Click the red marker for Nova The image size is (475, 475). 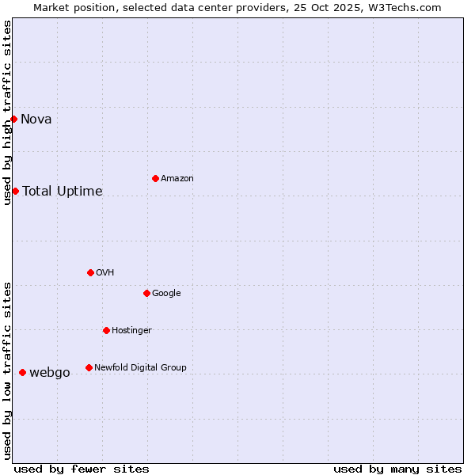(x=14, y=119)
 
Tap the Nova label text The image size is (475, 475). (x=36, y=120)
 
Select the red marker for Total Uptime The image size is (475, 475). (x=15, y=191)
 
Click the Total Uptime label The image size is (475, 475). (x=63, y=191)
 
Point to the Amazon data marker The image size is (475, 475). (x=155, y=178)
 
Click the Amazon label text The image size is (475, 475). (x=177, y=179)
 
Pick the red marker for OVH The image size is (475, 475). (x=90, y=272)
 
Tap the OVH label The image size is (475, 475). (x=105, y=273)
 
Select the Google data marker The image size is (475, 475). (x=146, y=293)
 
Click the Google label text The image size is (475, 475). (x=166, y=294)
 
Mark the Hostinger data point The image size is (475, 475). (x=106, y=330)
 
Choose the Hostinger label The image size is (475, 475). (x=131, y=331)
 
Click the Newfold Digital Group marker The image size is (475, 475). (x=89, y=367)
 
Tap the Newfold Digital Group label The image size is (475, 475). (x=140, y=368)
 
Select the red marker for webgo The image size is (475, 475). (x=22, y=372)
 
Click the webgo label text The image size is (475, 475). (x=50, y=373)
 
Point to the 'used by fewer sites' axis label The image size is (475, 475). (x=82, y=469)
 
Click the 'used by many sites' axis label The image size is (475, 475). (x=397, y=469)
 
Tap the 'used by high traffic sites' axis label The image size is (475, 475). (x=8, y=112)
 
